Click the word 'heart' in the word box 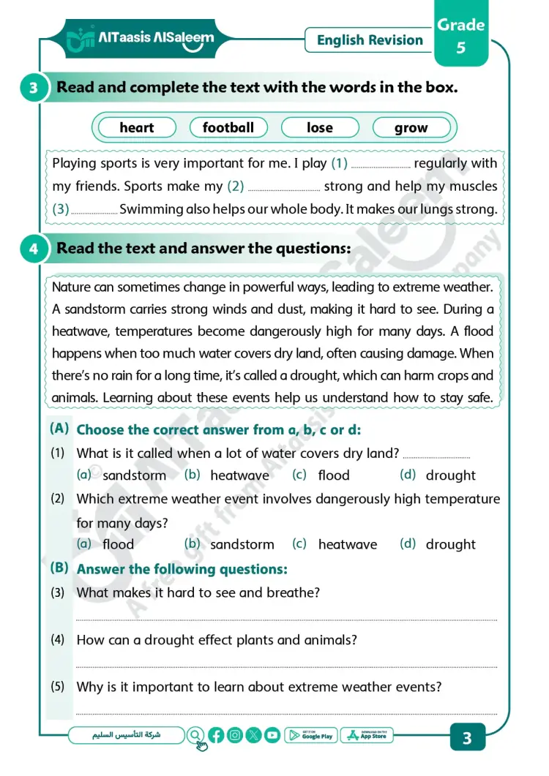pyautogui.click(x=137, y=128)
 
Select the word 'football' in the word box pyautogui.click(x=228, y=128)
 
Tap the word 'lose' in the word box pyautogui.click(x=319, y=128)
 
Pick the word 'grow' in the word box pyautogui.click(x=411, y=128)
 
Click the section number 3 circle pyautogui.click(x=34, y=88)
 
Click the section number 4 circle pyautogui.click(x=34, y=249)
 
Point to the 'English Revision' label pyautogui.click(x=370, y=40)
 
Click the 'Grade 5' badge pyautogui.click(x=461, y=37)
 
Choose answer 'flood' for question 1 pyautogui.click(x=333, y=475)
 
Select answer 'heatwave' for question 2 pyautogui.click(x=347, y=545)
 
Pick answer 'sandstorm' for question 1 pyautogui.click(x=134, y=475)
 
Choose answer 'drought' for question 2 pyautogui.click(x=450, y=545)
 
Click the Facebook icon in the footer pyautogui.click(x=216, y=736)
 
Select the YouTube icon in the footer pyautogui.click(x=272, y=736)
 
